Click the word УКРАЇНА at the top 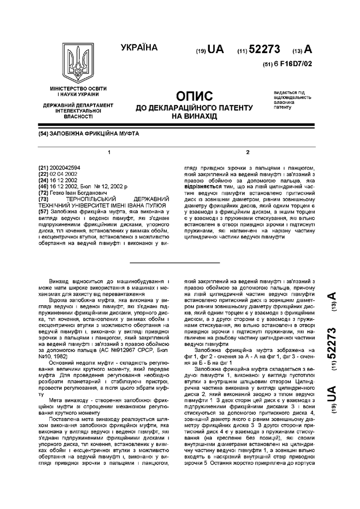(x=139, y=48)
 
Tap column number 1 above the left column (x=108, y=152)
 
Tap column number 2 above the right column (x=248, y=152)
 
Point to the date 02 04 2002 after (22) (x=65, y=174)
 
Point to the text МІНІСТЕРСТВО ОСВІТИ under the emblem (x=78, y=88)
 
